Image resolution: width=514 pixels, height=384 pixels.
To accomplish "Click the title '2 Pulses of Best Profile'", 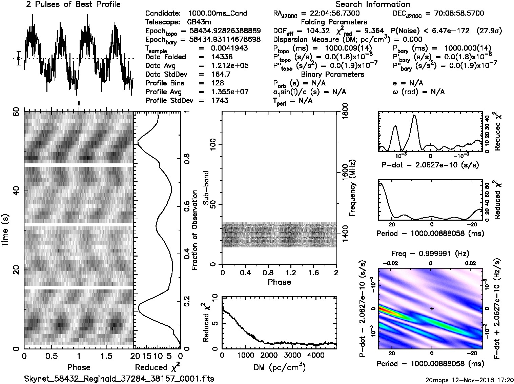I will pos(73,5).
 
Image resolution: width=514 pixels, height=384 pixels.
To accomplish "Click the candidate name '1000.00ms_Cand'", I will pos(217,14).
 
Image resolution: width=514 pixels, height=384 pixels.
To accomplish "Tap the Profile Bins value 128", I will pos(217,83).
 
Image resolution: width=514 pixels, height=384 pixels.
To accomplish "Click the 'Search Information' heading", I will pos(373,5).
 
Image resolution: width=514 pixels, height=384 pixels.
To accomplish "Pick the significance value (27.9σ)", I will pos(489,31).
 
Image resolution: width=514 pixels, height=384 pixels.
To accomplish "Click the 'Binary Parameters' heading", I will pos(332,75).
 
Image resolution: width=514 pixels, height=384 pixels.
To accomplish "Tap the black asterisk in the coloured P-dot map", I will pos(432,308).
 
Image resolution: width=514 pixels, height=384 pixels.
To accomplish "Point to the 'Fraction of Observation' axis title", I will pos(194,230).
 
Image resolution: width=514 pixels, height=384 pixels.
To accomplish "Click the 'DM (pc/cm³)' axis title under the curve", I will pos(279,367).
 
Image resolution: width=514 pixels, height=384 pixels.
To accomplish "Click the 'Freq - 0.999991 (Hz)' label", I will pos(430,254).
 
